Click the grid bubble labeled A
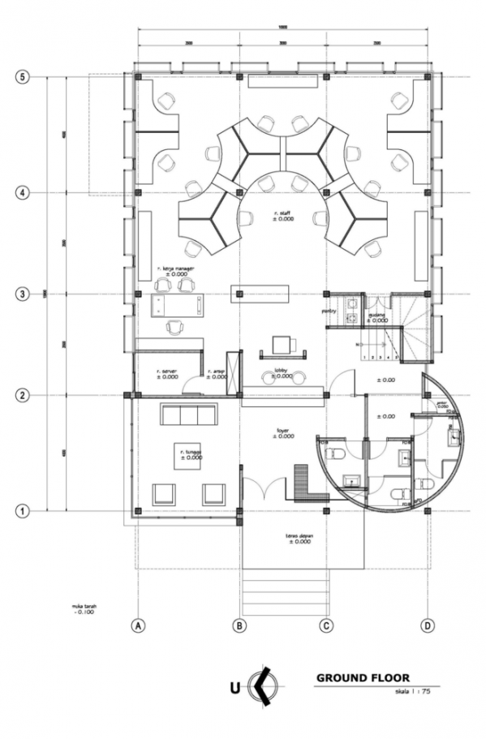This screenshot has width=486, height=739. point(139,625)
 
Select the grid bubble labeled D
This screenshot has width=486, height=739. point(427,625)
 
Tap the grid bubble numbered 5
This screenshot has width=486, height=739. point(24,77)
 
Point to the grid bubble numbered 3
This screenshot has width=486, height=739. point(24,294)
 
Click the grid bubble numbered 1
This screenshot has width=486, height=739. point(24,511)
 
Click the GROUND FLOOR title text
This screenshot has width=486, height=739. point(363,677)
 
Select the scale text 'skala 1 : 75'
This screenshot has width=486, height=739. point(413,692)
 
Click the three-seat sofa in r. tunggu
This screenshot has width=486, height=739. point(189,415)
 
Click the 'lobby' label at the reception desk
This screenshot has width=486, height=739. point(282,368)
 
